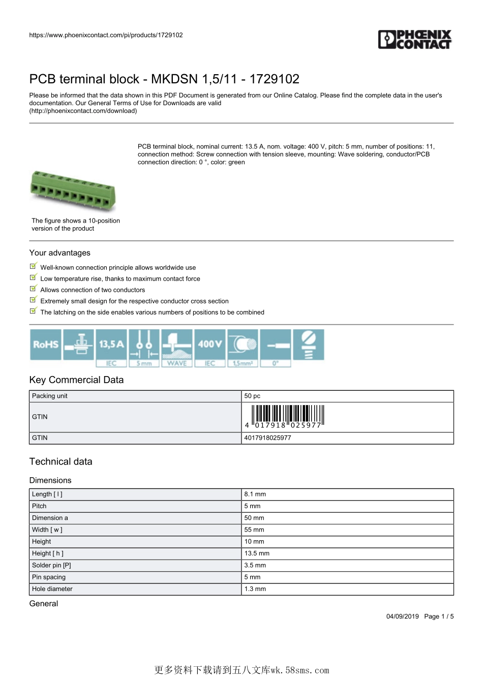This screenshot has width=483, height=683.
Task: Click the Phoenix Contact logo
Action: [415, 39]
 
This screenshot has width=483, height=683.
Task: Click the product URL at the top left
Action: [106, 35]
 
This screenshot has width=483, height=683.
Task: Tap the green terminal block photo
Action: [73, 191]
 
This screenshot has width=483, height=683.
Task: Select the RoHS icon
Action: [46, 345]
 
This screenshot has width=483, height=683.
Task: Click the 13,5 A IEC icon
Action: [111, 348]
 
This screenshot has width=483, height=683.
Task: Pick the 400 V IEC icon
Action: [210, 348]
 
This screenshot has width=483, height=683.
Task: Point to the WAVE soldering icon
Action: [177, 348]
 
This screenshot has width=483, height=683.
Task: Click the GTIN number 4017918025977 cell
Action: [268, 438]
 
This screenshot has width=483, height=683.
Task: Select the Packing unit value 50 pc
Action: [252, 396]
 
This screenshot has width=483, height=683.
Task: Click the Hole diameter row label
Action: [52, 589]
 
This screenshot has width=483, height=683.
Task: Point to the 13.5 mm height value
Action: [257, 553]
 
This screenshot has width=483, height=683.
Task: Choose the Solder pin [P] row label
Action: [51, 565]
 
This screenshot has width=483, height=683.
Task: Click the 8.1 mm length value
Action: [255, 494]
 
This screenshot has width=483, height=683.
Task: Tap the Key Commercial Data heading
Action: [76, 380]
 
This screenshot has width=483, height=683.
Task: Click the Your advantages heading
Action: [60, 253]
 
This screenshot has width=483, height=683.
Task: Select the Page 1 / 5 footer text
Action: [439, 616]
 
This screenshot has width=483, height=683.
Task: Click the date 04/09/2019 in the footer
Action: [403, 616]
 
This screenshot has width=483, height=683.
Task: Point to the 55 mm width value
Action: [254, 530]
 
